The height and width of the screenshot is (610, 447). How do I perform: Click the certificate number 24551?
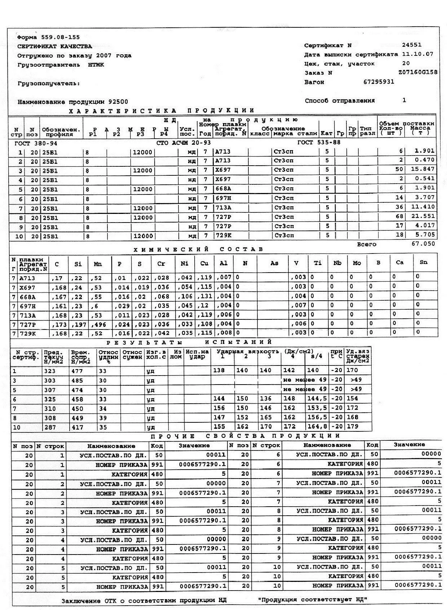(x=412, y=45)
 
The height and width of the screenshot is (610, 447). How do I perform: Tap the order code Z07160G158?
(x=418, y=72)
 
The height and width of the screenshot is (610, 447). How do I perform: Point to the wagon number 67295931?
(x=379, y=82)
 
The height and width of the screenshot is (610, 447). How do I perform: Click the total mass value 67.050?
(x=423, y=244)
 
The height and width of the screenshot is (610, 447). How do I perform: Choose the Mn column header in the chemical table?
(x=98, y=264)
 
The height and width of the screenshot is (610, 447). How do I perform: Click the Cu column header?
(x=204, y=264)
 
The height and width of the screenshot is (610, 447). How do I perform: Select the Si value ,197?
(x=78, y=324)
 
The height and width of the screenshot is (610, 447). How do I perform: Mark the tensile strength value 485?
(x=77, y=380)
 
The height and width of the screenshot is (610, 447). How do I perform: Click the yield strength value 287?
(x=50, y=427)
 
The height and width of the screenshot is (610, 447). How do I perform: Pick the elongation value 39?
(x=103, y=418)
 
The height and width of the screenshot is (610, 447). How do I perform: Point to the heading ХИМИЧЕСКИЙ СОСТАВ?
(x=198, y=249)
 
